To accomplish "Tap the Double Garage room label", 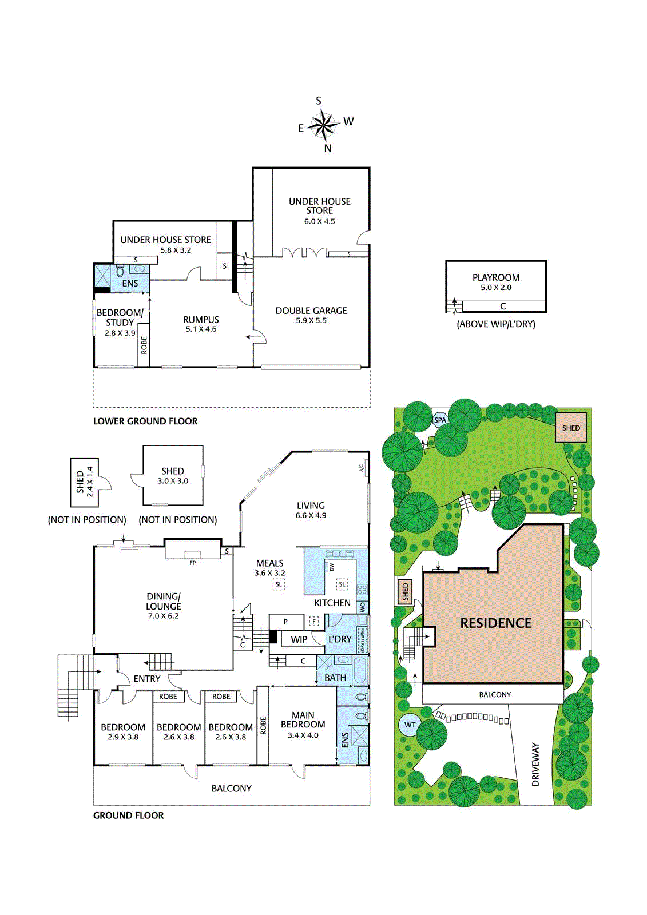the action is [x=311, y=311].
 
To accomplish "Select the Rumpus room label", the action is [x=201, y=320].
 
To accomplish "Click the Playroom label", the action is [x=496, y=277].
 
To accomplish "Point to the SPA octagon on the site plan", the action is [x=440, y=420].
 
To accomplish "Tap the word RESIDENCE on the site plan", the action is [x=496, y=623].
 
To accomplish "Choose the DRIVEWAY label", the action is [x=535, y=764].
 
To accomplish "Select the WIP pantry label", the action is [x=299, y=640].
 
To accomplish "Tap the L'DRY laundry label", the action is [x=340, y=639].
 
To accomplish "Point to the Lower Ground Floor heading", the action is [x=145, y=421].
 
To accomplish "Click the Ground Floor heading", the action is [x=128, y=815].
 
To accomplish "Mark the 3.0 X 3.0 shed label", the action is [x=173, y=481].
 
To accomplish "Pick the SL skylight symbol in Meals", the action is [x=279, y=584].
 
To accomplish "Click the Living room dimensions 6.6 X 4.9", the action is [x=311, y=515].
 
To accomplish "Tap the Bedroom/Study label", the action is [x=120, y=317].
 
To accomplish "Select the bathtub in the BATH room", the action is [x=360, y=670].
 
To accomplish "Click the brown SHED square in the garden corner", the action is [x=570, y=428].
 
